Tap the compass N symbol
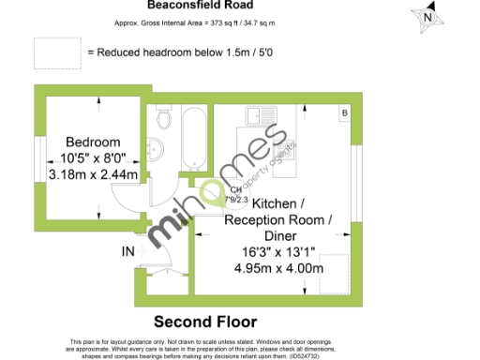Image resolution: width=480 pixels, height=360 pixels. click(x=427, y=16)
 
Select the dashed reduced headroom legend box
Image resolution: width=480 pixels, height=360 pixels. click(x=55, y=52)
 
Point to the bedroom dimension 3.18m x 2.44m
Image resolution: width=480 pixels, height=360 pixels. click(x=93, y=174)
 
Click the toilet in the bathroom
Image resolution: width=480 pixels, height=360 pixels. click(x=165, y=119)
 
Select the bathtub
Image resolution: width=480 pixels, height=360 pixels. click(x=194, y=140)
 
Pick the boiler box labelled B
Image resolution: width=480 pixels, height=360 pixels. click(x=344, y=113)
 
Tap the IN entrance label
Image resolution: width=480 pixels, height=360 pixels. click(x=128, y=251)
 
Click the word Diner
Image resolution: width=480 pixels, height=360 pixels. click(x=279, y=235)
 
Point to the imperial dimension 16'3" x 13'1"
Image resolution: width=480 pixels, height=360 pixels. click(x=278, y=251)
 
